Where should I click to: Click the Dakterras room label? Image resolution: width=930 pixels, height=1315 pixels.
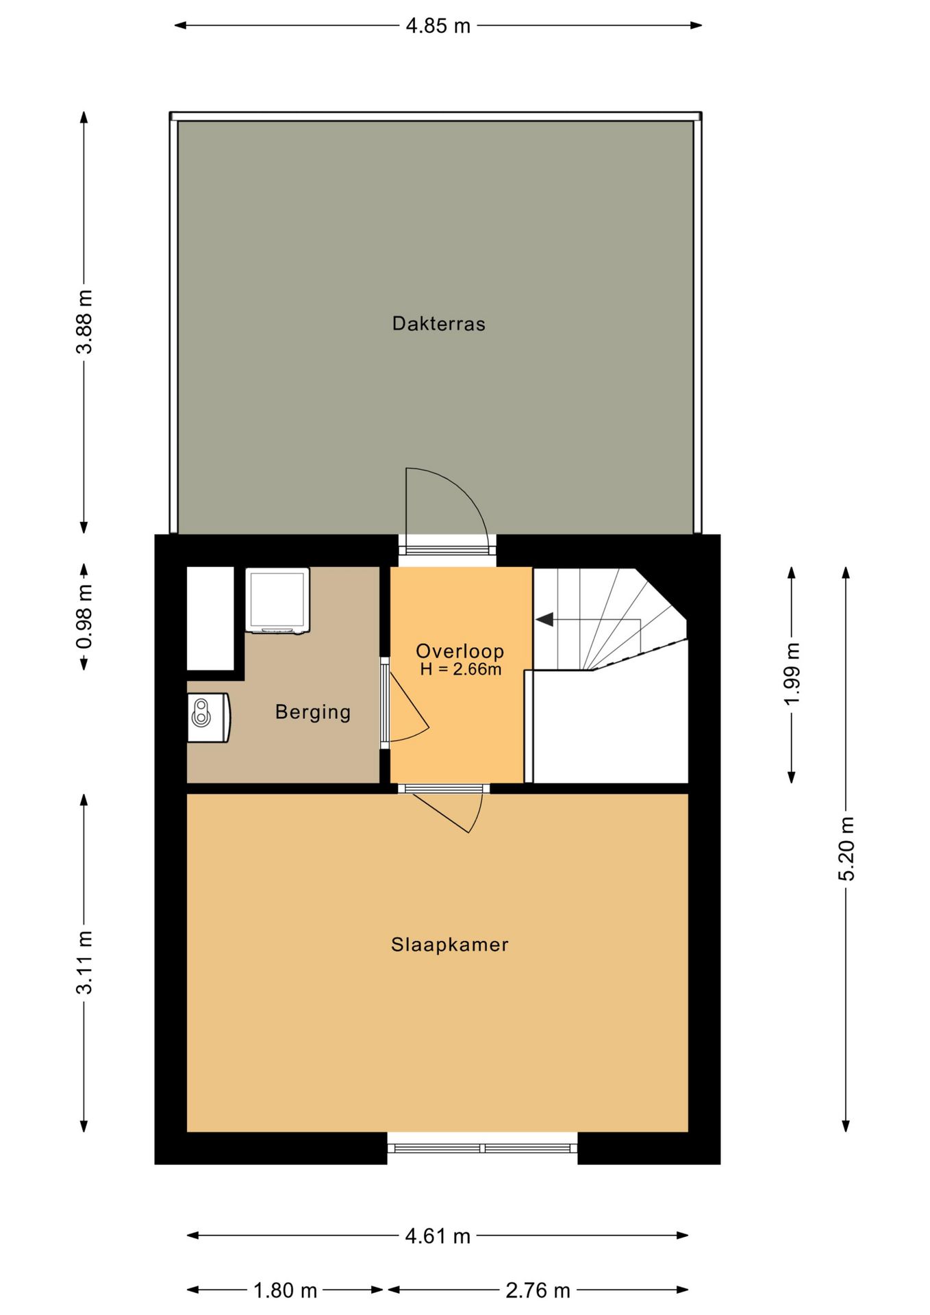coord(438,323)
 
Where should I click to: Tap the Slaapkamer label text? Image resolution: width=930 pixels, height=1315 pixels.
coord(449,944)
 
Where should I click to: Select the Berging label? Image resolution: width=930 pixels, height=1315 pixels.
coord(313,712)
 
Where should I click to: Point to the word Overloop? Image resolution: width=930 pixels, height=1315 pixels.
coord(460,651)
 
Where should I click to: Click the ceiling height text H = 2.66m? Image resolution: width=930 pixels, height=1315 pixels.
coord(460,669)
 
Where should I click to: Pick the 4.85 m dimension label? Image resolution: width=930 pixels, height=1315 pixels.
coord(438,26)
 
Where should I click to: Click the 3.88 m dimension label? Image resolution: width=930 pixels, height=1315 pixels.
coord(84,321)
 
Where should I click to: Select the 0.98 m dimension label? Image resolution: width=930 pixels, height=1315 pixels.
coord(84,616)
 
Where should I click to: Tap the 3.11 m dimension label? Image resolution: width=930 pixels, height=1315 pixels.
coord(84,962)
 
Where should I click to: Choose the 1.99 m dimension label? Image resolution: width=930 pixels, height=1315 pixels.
coord(792,674)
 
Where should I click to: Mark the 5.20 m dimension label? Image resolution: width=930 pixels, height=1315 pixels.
coord(846,849)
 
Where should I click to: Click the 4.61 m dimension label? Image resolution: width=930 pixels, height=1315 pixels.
coord(438,1236)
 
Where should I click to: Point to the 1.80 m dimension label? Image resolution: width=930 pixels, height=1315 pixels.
coord(285,1290)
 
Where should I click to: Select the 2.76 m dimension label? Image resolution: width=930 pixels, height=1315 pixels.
coord(538,1290)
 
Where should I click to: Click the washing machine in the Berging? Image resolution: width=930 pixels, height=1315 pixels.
coord(277,601)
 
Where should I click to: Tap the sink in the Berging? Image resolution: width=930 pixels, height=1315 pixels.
coord(209,717)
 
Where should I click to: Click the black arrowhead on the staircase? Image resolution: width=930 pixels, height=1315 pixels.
coord(544,619)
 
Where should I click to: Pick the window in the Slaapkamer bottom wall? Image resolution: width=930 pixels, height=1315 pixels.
coord(483,1148)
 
